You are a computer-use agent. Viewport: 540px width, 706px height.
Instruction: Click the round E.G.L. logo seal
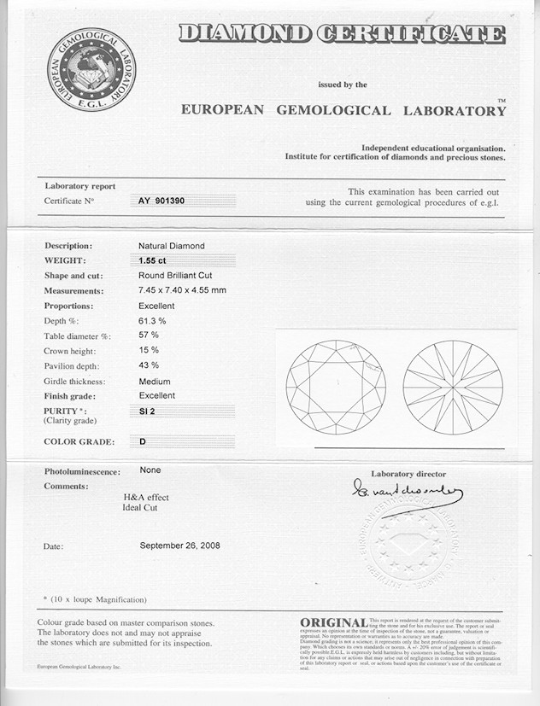pos(91,69)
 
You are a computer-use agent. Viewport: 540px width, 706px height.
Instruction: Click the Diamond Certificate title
pos(341,34)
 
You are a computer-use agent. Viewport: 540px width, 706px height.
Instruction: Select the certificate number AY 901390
pos(161,201)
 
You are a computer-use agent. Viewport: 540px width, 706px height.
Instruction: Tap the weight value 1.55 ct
pos(153,260)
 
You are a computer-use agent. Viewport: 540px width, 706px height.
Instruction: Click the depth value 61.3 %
pos(152,320)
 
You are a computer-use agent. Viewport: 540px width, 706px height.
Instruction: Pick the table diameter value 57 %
pos(149,335)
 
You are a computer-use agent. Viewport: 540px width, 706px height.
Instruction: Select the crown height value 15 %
pos(149,351)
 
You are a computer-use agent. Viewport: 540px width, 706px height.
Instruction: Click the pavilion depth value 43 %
pos(149,365)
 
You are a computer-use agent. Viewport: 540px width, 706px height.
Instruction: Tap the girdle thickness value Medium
pos(155,382)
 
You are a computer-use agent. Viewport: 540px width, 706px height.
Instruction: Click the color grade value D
pos(142,441)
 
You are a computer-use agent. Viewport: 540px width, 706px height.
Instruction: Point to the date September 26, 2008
pos(179,545)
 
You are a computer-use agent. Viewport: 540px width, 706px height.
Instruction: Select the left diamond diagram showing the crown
pos(336,388)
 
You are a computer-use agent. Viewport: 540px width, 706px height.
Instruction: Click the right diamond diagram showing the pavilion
pos(452,388)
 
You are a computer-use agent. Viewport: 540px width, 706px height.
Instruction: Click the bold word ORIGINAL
pos(334,623)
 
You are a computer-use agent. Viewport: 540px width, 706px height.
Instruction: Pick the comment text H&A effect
pos(146,498)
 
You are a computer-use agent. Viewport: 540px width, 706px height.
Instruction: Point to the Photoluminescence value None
pos(150,470)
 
